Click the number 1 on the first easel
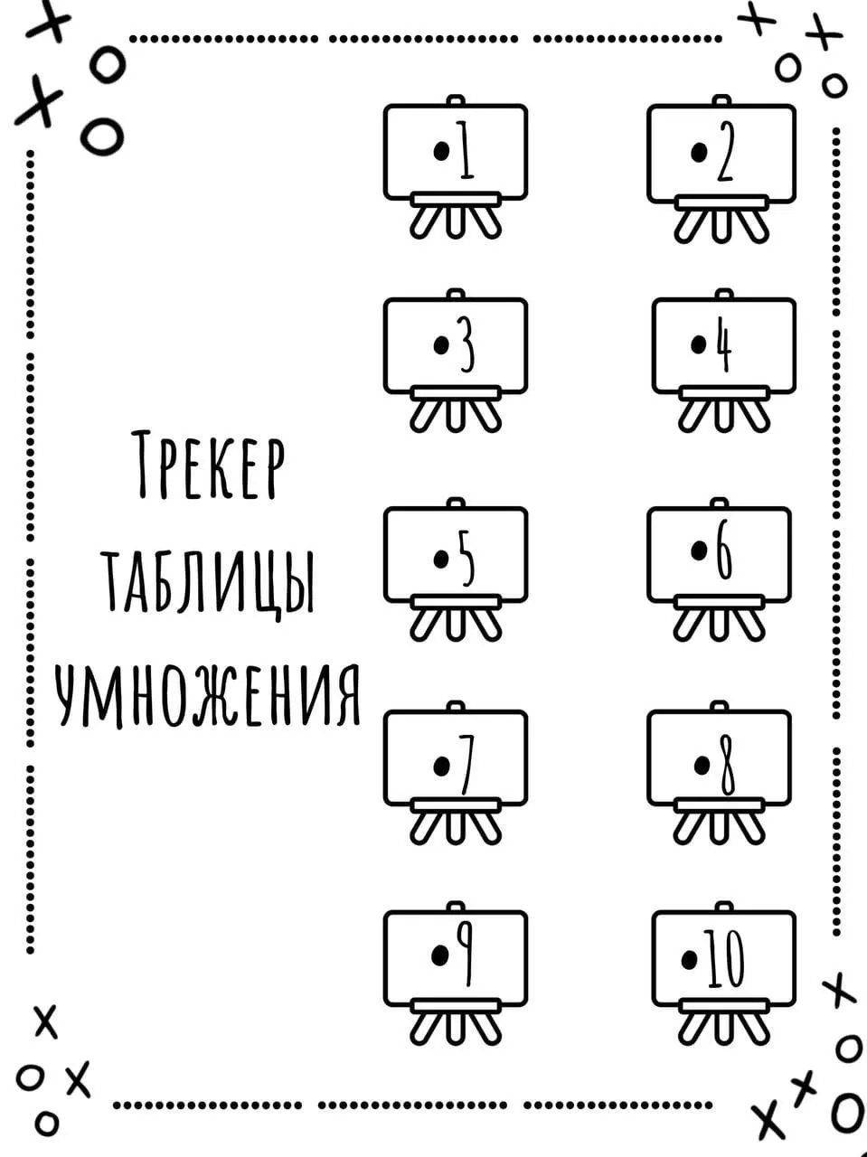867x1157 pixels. [x=465, y=150]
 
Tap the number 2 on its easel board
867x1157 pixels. [x=725, y=151]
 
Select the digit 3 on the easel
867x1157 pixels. [x=466, y=344]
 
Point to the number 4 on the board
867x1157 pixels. [x=725, y=344]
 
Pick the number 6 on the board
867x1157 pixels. [x=724, y=550]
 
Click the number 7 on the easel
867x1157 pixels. [x=465, y=765]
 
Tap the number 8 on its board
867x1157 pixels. [x=727, y=765]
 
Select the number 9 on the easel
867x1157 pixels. [x=465, y=956]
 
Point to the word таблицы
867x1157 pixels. [x=211, y=583]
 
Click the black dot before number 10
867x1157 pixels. [x=690, y=960]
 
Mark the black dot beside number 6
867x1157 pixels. [x=700, y=550]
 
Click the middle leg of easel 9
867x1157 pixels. [x=456, y=1028]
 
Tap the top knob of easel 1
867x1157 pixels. [x=456, y=99]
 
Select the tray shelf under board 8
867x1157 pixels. [x=720, y=804]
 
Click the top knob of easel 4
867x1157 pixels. [x=724, y=294]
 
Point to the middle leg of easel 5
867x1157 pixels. [x=456, y=625]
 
